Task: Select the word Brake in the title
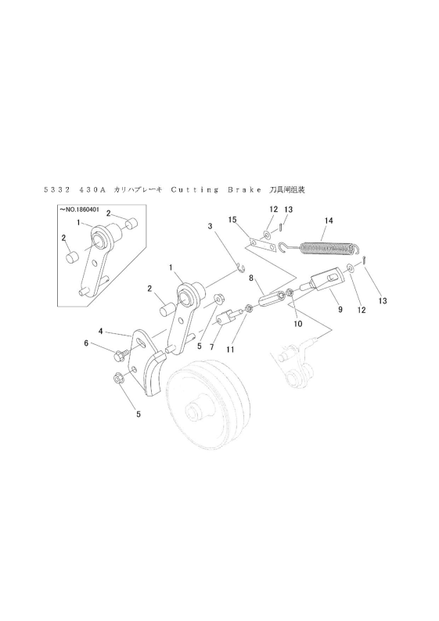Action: click(x=237, y=189)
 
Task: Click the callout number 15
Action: click(x=232, y=221)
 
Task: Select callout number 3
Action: click(x=210, y=226)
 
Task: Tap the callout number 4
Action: click(x=101, y=331)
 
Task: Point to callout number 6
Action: click(x=87, y=343)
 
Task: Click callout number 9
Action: click(x=340, y=310)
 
